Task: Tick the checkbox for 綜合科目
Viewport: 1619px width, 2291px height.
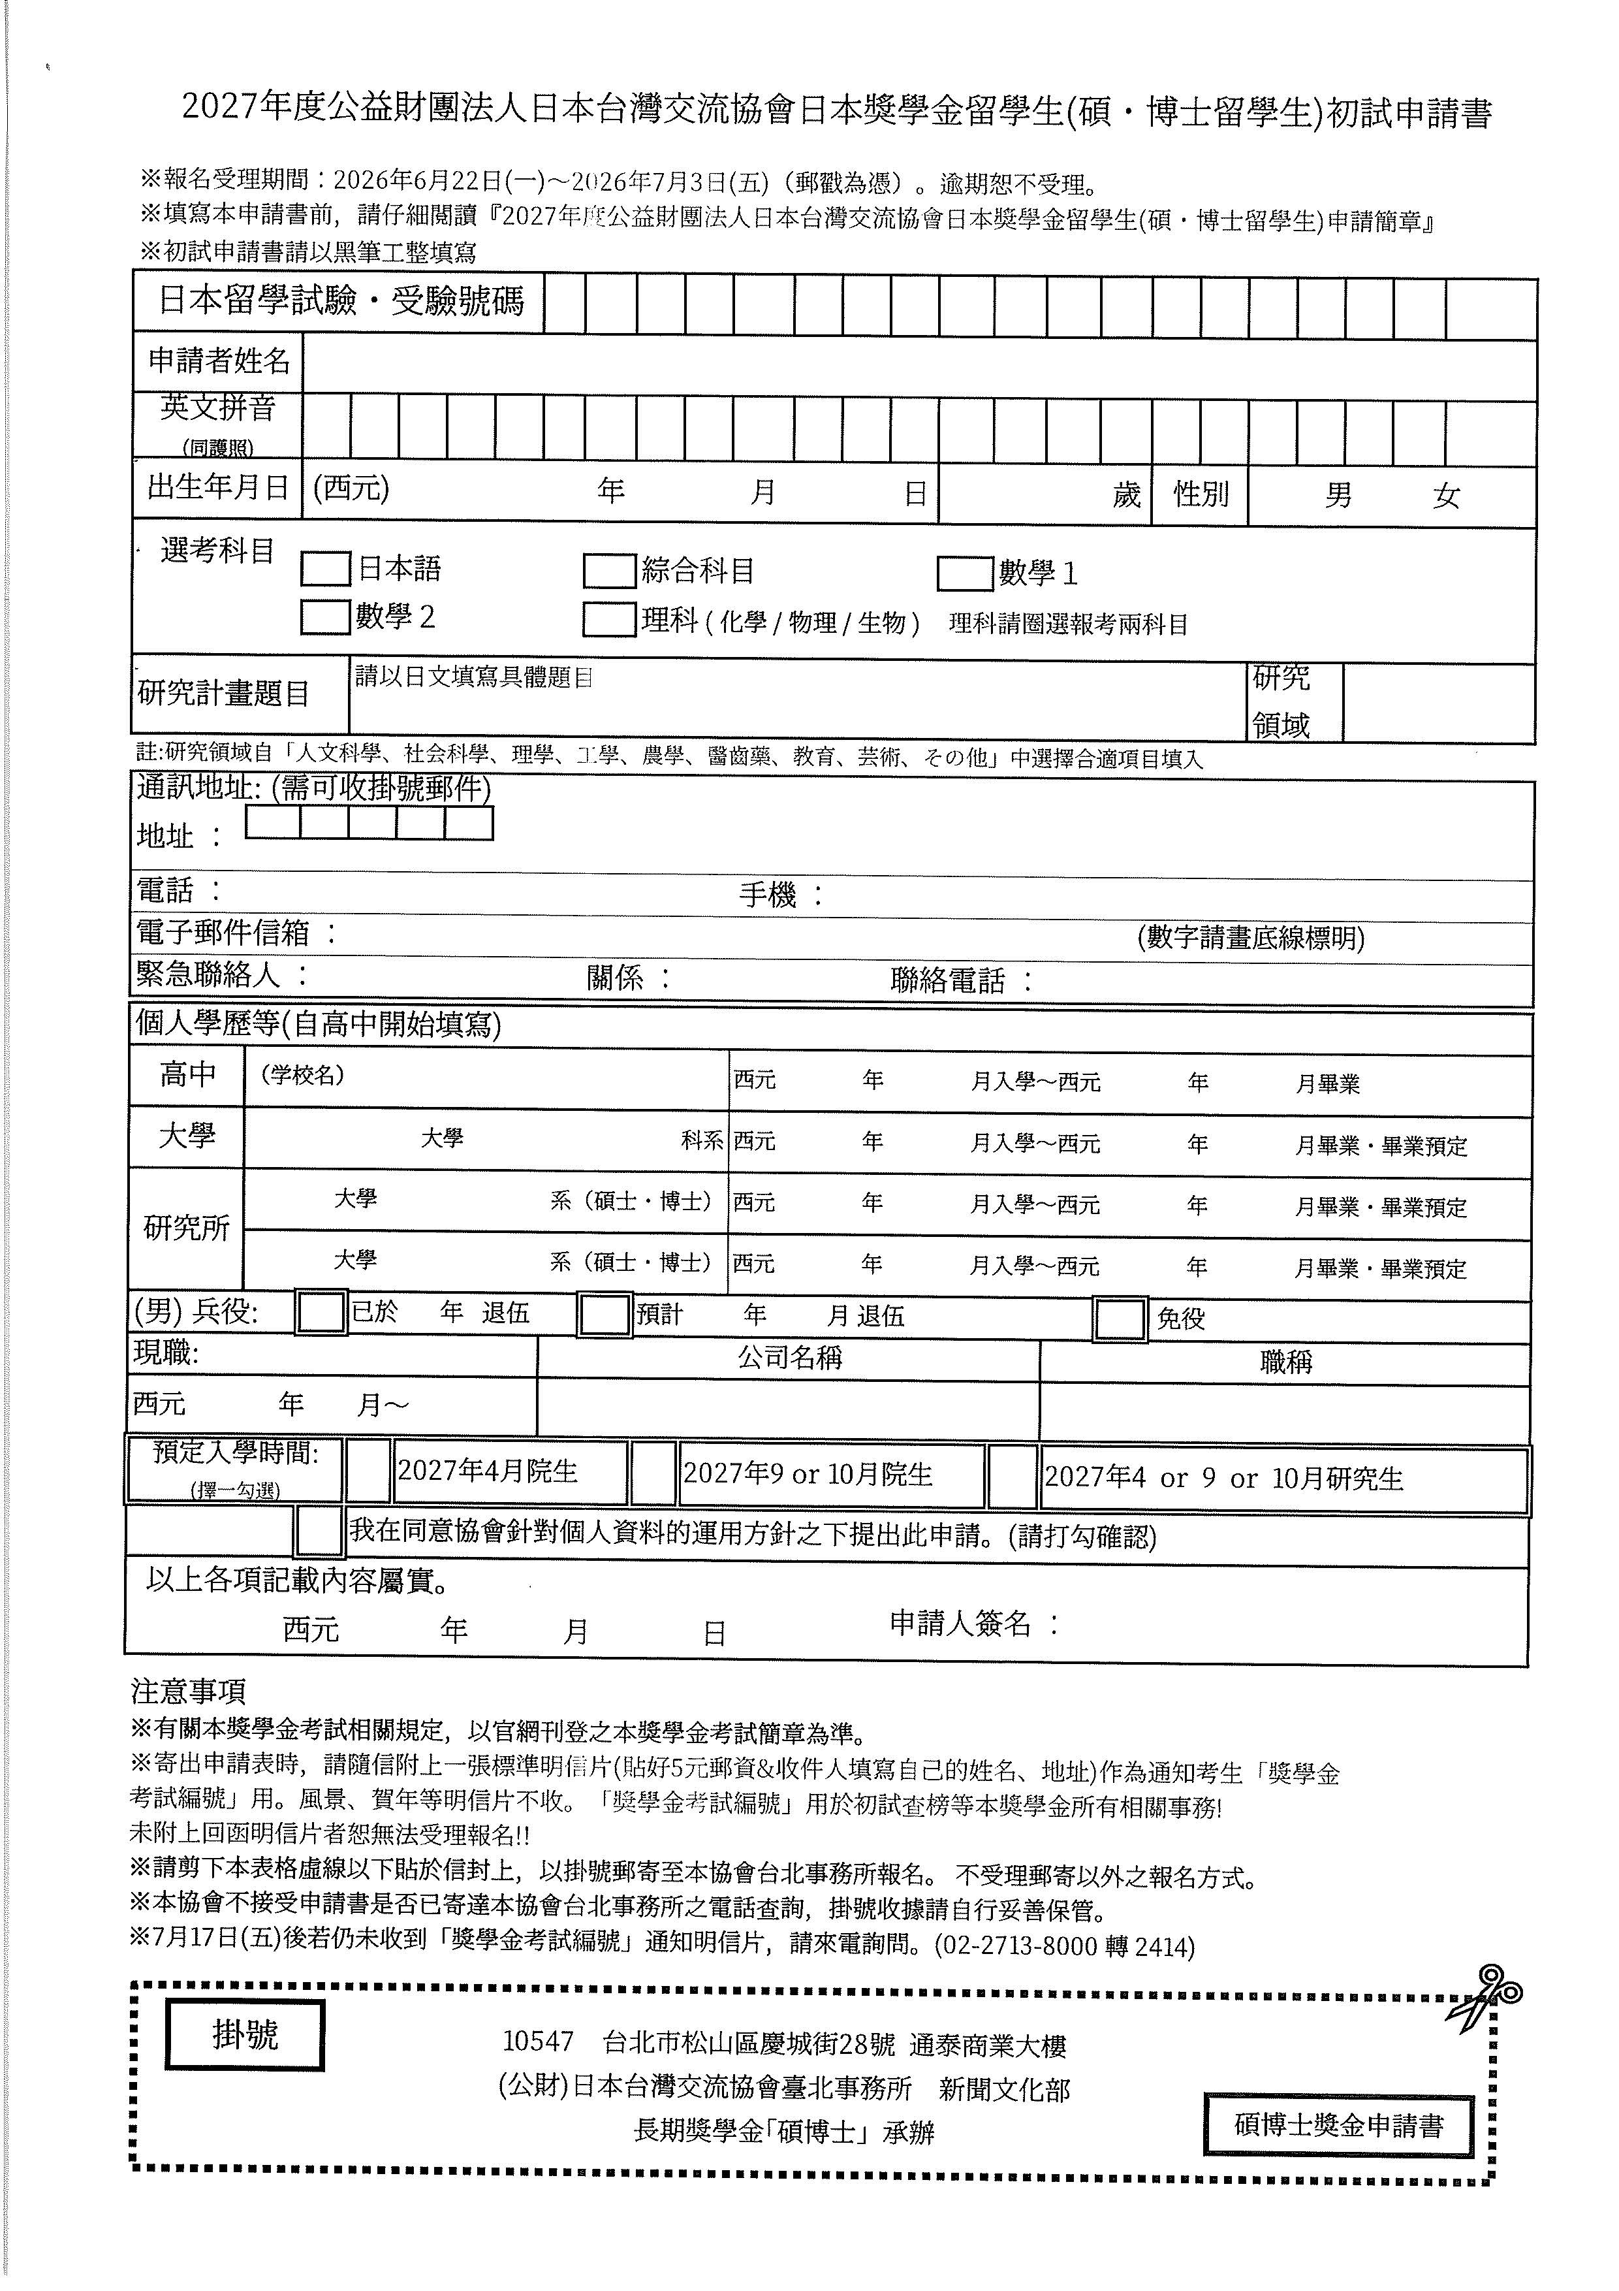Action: pyautogui.click(x=610, y=571)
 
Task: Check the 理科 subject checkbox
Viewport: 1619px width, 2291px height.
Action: pyautogui.click(x=610, y=620)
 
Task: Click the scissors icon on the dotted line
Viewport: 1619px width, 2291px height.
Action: pyautogui.click(x=1483, y=1996)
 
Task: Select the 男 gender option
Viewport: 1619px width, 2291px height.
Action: pyautogui.click(x=1339, y=495)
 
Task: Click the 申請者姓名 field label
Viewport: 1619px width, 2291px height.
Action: pyautogui.click(x=219, y=360)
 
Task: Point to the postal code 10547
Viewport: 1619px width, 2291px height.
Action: pyautogui.click(x=539, y=2042)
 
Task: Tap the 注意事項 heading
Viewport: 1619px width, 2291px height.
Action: pyautogui.click(x=189, y=1691)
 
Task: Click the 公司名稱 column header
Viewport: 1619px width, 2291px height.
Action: pyautogui.click(x=789, y=1358)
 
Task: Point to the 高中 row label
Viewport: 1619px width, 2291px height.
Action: pyautogui.click(x=187, y=1075)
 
